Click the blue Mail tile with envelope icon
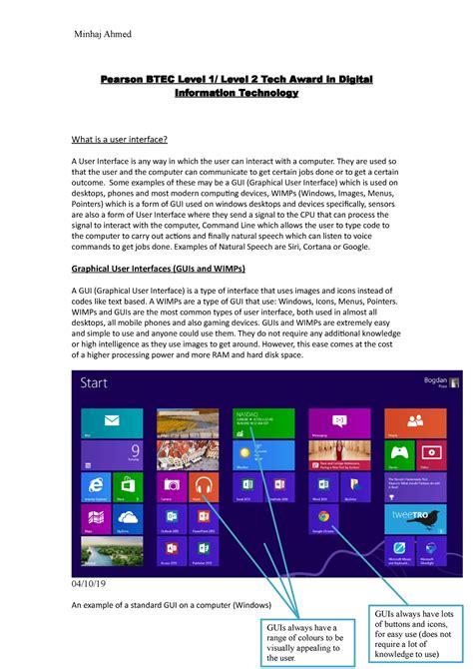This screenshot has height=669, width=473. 101,424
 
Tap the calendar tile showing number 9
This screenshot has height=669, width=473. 133,455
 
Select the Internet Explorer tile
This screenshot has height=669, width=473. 101,487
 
